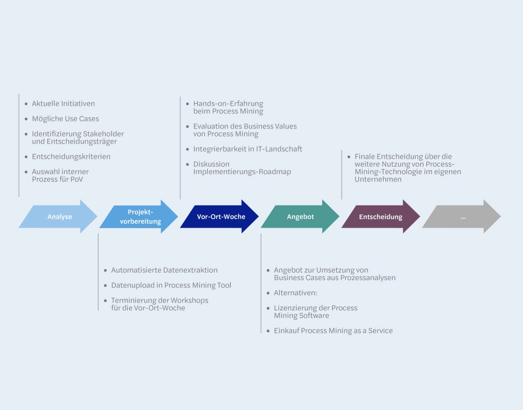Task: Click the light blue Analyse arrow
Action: pyautogui.click(x=59, y=217)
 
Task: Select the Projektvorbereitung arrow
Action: pyautogui.click(x=140, y=217)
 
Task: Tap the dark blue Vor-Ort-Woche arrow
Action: pyautogui.click(x=220, y=217)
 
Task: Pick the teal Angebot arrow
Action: pyautogui.click(x=301, y=217)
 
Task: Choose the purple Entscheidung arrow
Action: pyautogui.click(x=381, y=217)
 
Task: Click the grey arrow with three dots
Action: pyautogui.click(x=463, y=217)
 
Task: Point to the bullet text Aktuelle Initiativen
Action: pyautogui.click(x=63, y=104)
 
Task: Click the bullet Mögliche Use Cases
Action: pyautogui.click(x=65, y=119)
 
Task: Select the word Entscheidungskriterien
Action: pyautogui.click(x=71, y=157)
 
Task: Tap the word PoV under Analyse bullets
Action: pyautogui.click(x=77, y=179)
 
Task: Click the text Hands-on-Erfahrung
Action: pyautogui.click(x=228, y=104)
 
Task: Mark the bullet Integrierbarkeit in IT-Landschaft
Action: pyautogui.click(x=248, y=149)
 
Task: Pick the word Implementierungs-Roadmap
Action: pyautogui.click(x=242, y=172)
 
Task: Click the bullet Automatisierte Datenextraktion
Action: pyautogui.click(x=164, y=270)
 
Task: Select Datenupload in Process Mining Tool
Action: pyautogui.click(x=171, y=285)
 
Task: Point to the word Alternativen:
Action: pyautogui.click(x=295, y=293)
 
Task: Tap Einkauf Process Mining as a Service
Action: pyautogui.click(x=333, y=330)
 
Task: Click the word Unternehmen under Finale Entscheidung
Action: pyautogui.click(x=378, y=179)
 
